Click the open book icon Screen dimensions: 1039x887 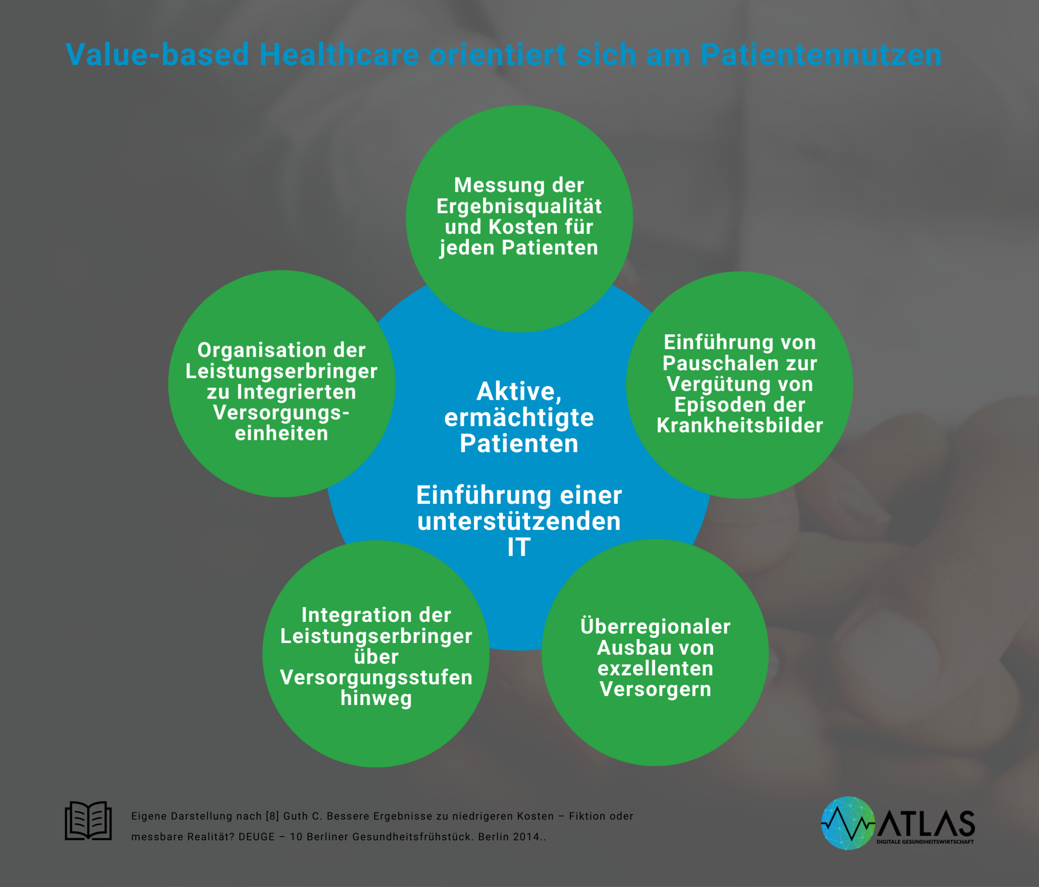88,820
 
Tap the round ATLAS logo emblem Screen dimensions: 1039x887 848,823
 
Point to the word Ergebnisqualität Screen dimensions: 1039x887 519,207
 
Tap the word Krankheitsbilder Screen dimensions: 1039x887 740,425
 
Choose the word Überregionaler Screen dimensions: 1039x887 655,626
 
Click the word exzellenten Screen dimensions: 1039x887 655,668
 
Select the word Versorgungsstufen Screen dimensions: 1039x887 376,678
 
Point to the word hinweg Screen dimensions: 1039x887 376,698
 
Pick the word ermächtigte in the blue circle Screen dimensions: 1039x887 519,418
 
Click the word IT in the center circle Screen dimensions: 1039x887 519,547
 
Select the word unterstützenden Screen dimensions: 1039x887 519,521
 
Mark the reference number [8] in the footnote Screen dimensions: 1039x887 272,816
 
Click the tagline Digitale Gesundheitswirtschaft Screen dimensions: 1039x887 925,842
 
